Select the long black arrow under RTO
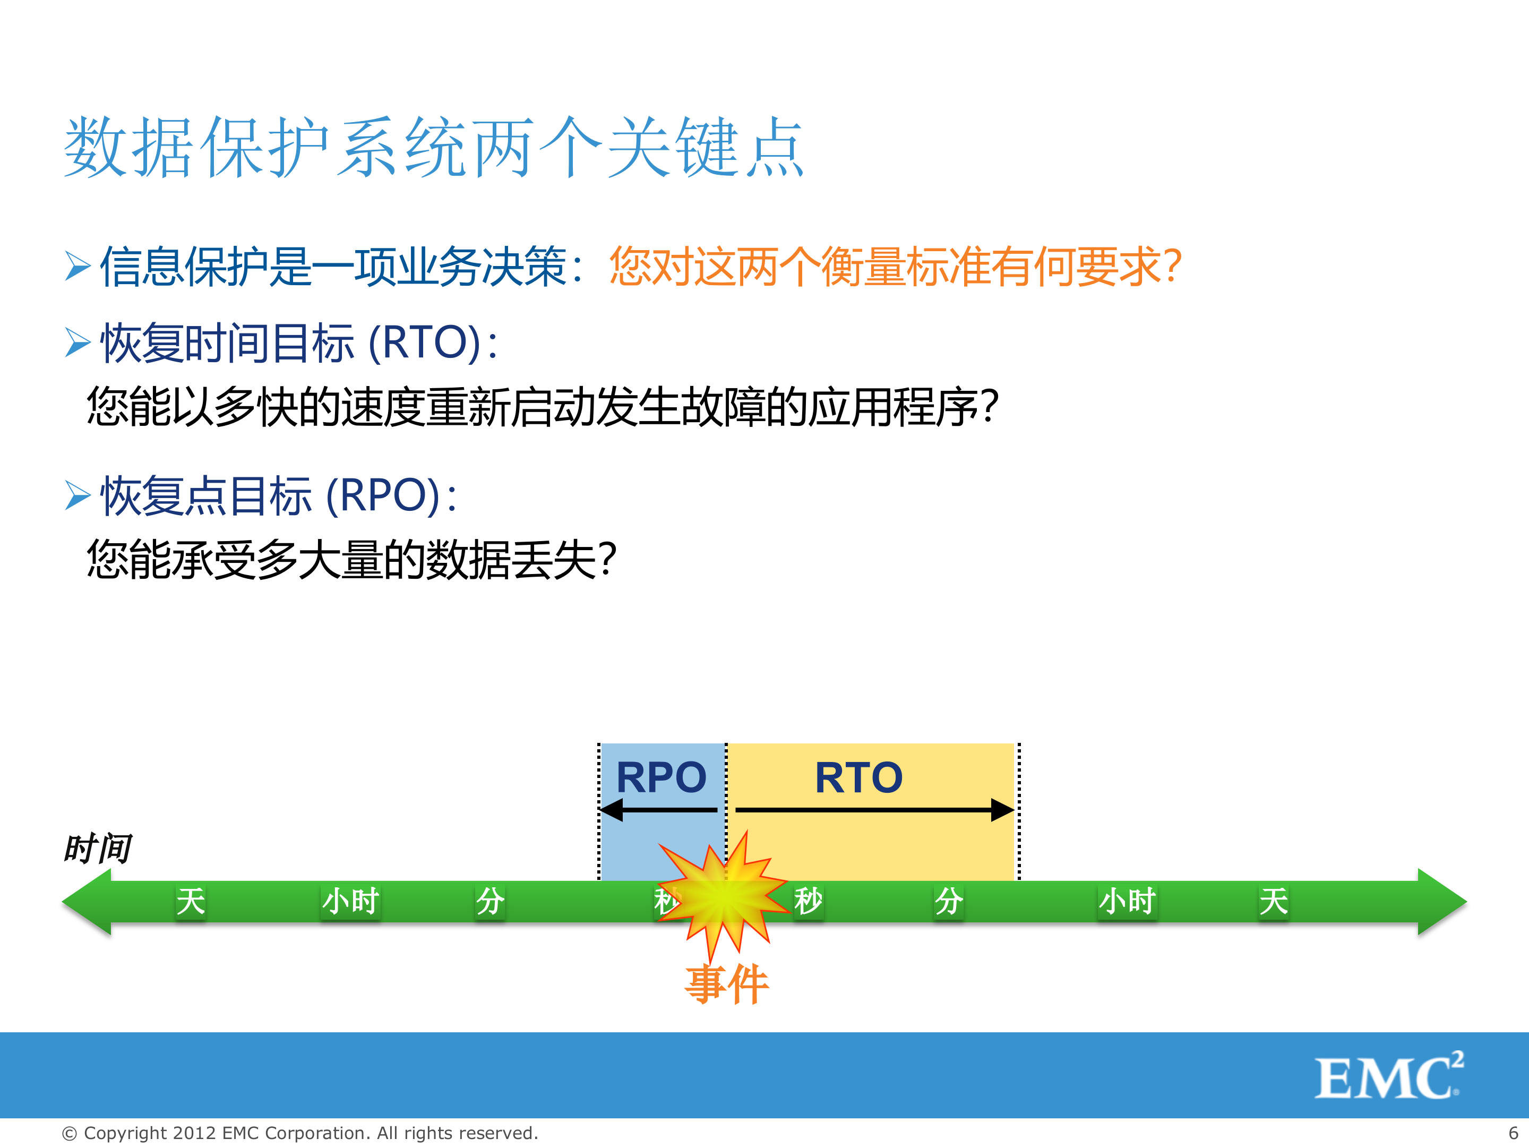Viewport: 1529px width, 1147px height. tap(874, 810)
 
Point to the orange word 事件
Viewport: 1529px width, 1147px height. tap(726, 984)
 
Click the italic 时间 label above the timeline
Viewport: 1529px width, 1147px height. tap(97, 849)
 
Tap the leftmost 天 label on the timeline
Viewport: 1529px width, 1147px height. tap(190, 901)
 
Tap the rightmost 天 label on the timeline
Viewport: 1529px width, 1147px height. tap(1273, 901)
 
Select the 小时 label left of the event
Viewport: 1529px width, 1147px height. tap(350, 901)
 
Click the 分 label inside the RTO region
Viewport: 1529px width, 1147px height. tap(948, 901)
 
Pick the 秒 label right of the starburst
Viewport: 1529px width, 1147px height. tap(808, 901)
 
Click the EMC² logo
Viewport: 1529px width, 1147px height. tap(1388, 1076)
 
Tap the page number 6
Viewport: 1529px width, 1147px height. tap(1513, 1133)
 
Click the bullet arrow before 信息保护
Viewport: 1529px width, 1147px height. tap(78, 266)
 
